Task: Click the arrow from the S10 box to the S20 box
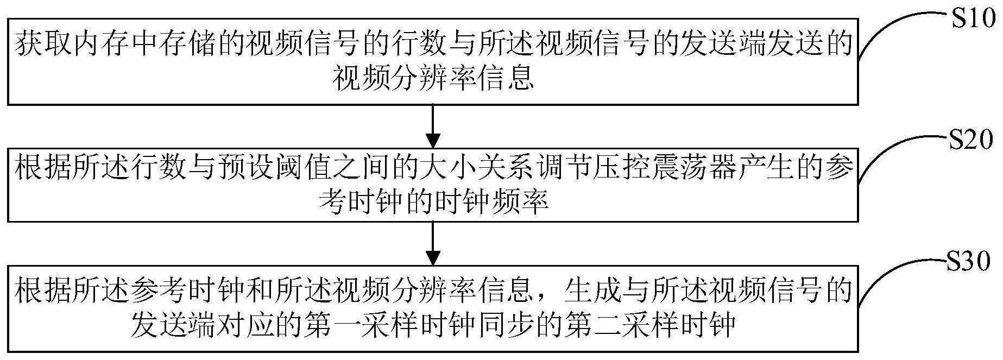coord(433,125)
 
